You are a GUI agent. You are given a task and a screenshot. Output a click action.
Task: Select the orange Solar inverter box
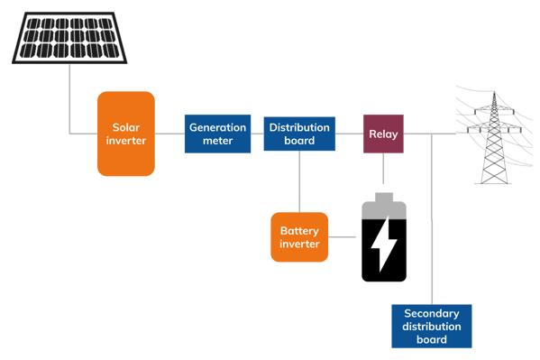pos(126,134)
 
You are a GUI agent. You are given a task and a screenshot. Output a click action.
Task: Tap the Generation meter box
pos(217,134)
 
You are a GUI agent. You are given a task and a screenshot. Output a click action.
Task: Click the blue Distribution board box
pos(299,134)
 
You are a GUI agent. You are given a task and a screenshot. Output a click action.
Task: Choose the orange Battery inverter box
pos(299,237)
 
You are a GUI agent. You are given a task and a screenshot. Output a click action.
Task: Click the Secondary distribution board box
pos(432,326)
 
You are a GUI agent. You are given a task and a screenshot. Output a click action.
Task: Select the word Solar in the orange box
pos(126,127)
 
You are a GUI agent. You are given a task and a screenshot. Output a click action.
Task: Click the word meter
pos(217,141)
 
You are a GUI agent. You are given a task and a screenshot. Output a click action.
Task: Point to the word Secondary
pos(432,313)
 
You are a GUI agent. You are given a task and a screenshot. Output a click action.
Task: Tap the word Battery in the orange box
pos(299,231)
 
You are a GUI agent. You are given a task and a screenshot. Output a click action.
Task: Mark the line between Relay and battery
pos(384,171)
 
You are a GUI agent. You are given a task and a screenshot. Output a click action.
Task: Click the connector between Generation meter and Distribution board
pos(257,134)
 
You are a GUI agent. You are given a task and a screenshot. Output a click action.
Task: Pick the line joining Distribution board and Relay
pos(349,134)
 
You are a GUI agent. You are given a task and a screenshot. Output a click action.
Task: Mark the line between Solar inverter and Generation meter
pos(169,134)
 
